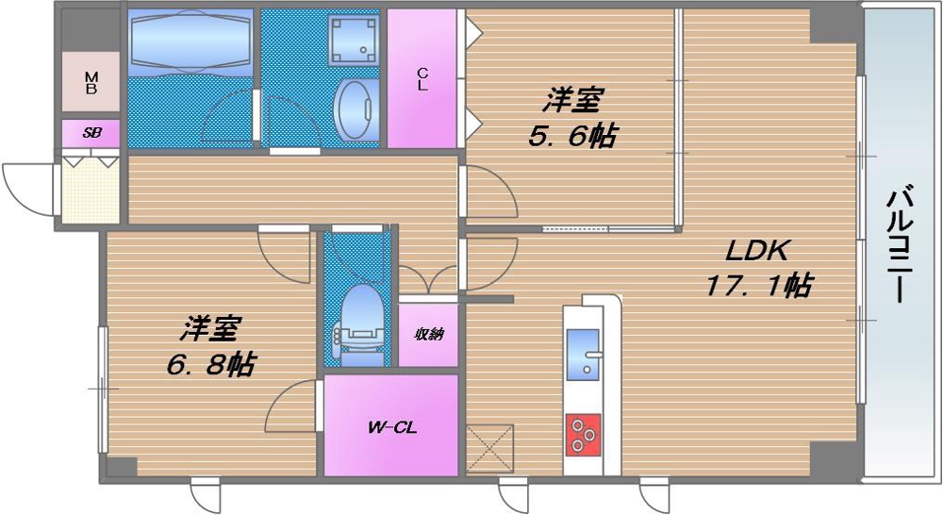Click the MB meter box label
tap(91, 82)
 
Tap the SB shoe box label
tap(91, 133)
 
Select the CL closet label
tap(422, 79)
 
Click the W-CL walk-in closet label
tap(391, 428)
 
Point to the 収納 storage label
tap(429, 334)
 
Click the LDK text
tap(757, 250)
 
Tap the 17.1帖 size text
tap(758, 284)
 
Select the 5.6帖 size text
tap(572, 136)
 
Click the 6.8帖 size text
tap(210, 364)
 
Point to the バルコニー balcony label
tap(901, 243)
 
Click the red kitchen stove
tap(583, 434)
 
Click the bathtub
tap(190, 42)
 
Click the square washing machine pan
tap(353, 39)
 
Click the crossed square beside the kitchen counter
tap(489, 448)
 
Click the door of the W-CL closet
tap(291, 407)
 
